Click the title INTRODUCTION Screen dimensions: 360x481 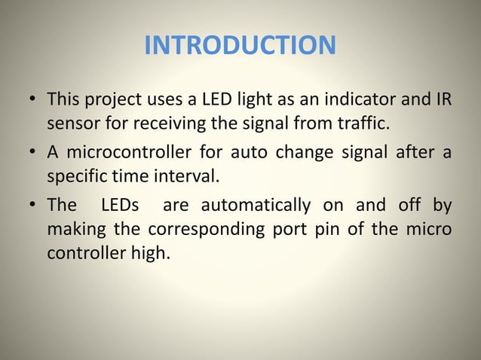(x=240, y=46)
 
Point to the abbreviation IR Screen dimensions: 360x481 (x=443, y=99)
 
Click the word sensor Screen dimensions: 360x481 (x=71, y=122)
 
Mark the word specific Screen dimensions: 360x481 (x=78, y=176)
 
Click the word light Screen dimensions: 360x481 (x=238, y=99)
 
